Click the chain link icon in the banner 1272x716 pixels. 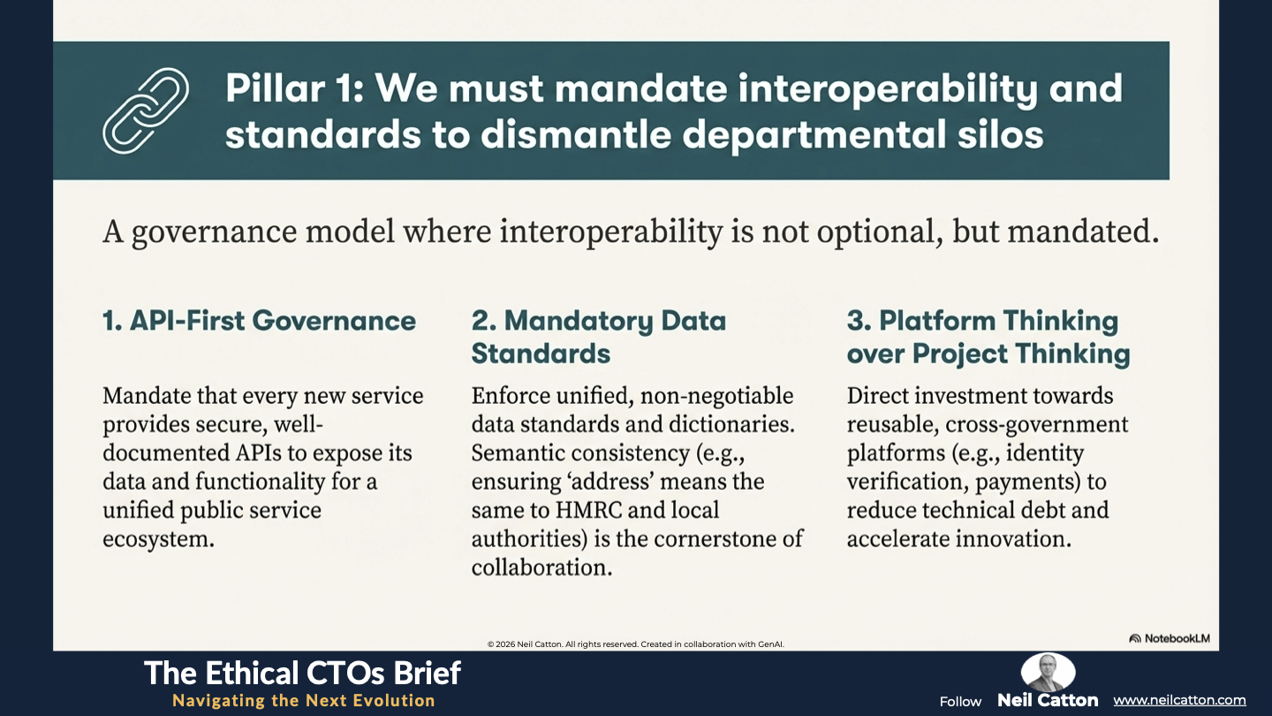click(146, 110)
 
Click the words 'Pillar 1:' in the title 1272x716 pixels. click(294, 88)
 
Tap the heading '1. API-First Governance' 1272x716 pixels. click(259, 321)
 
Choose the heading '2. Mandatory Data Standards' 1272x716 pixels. click(599, 337)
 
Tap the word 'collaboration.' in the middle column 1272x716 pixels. click(541, 567)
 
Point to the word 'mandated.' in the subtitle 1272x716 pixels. click(1055, 232)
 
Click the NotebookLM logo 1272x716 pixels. click(1170, 638)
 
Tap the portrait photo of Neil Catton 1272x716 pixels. click(1048, 672)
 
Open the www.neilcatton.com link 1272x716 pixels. click(1179, 700)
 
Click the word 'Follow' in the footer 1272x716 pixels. click(960, 702)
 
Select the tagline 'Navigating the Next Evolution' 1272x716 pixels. click(304, 701)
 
